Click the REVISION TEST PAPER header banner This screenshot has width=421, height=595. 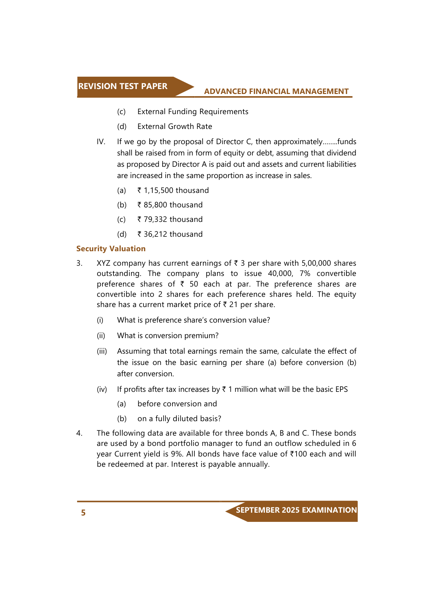[123, 87]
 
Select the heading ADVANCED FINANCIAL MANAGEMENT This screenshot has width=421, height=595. [276, 92]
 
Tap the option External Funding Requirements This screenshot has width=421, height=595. [193, 112]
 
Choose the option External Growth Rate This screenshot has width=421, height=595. [175, 126]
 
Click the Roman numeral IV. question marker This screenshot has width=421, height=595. [101, 142]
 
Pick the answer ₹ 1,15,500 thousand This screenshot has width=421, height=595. [173, 190]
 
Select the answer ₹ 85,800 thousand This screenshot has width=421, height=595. [170, 205]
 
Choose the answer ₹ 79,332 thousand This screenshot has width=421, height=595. [170, 219]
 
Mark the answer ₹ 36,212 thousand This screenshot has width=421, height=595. [170, 234]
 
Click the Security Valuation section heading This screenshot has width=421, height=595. [111, 249]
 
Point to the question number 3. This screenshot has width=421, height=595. [80, 263]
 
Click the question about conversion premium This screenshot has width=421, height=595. [168, 336]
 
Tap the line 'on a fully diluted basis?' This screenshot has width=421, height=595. [179, 419]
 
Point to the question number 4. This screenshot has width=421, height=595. [80, 433]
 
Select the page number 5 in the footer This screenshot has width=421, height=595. [83, 513]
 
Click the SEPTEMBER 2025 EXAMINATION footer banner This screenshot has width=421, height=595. [296, 510]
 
